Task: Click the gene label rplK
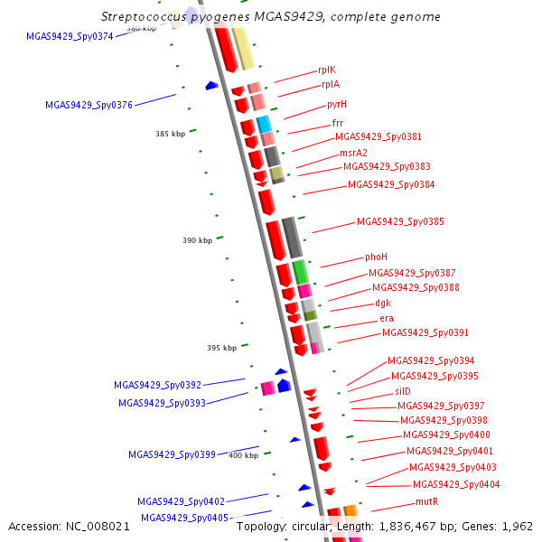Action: click(x=327, y=70)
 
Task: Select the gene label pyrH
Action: click(x=337, y=105)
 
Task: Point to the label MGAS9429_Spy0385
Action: click(x=400, y=221)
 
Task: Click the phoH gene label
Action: click(x=376, y=257)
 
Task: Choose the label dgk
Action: click(x=383, y=303)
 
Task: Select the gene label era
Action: click(x=387, y=318)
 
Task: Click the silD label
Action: click(x=402, y=392)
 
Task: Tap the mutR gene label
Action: click(x=426, y=501)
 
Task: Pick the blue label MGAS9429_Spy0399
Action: click(x=172, y=454)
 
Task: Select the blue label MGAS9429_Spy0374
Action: click(x=70, y=36)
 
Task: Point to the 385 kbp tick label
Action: click(x=170, y=134)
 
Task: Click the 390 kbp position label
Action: click(x=198, y=240)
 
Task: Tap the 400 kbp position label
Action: click(x=243, y=455)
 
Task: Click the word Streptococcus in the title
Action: click(x=146, y=17)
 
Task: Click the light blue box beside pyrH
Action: click(x=264, y=124)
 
